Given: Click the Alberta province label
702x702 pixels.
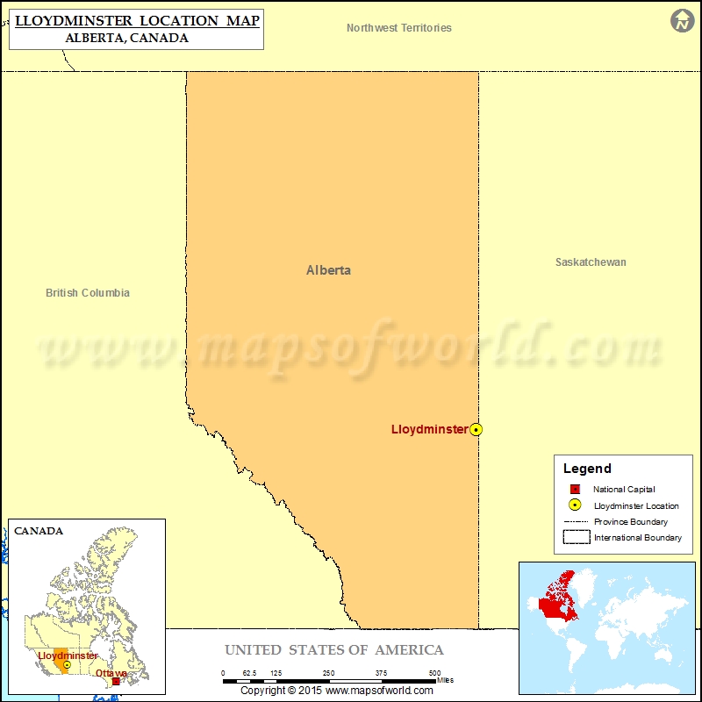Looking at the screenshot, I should [x=328, y=270].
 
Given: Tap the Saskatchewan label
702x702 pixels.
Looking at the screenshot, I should [x=591, y=262].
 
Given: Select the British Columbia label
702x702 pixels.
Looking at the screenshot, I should [x=88, y=293].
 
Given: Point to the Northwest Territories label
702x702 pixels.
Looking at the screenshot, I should [x=399, y=28].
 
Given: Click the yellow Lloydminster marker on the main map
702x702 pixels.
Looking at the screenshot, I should [x=476, y=429].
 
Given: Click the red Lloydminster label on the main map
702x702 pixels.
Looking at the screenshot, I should [x=429, y=429].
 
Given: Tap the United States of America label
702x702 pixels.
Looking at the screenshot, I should [x=334, y=650].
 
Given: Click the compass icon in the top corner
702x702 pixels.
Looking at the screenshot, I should [x=682, y=21].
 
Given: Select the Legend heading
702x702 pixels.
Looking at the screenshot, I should [x=587, y=469].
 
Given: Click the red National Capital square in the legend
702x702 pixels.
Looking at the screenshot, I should [x=575, y=490].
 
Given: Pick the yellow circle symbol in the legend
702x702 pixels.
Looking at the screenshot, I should [x=575, y=505].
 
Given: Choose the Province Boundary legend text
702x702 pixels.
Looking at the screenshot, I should [x=630, y=521].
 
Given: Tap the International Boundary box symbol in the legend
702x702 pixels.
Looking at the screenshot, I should [x=576, y=537].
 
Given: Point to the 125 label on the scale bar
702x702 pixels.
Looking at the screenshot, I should [x=276, y=673].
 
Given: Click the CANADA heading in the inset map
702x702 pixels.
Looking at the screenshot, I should [x=39, y=531].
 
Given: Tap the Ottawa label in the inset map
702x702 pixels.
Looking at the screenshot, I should [x=111, y=673].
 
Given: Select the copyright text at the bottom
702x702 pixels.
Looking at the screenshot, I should [x=337, y=691].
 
